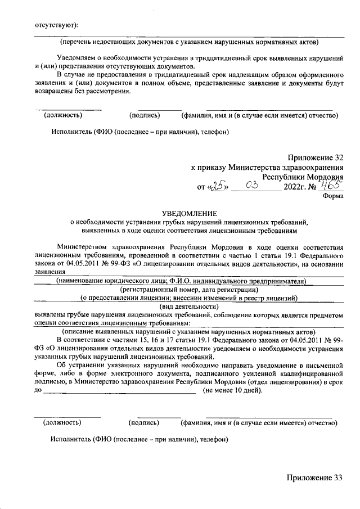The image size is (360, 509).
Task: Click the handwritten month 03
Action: pyautogui.click(x=251, y=186)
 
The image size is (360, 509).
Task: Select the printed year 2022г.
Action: pyautogui.click(x=296, y=187)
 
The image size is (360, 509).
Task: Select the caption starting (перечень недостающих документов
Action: pyautogui.click(x=189, y=42)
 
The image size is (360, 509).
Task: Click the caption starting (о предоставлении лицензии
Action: pyautogui.click(x=188, y=298)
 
